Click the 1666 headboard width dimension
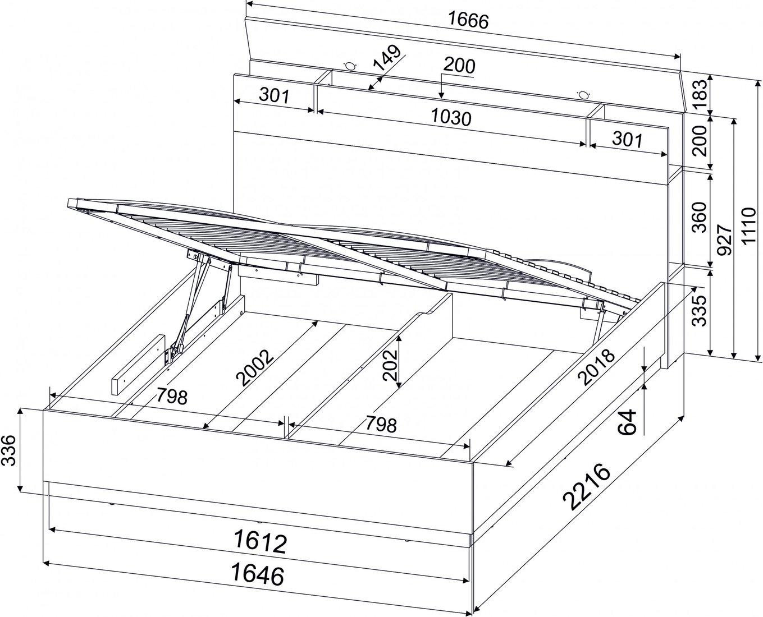point(468,21)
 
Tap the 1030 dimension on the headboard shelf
point(451,117)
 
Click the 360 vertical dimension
point(700,217)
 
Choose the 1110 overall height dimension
point(748,226)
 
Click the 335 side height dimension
point(699,310)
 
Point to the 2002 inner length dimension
point(255,367)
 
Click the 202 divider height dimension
point(390,365)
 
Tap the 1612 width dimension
point(260,542)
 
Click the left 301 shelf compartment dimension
point(274,95)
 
